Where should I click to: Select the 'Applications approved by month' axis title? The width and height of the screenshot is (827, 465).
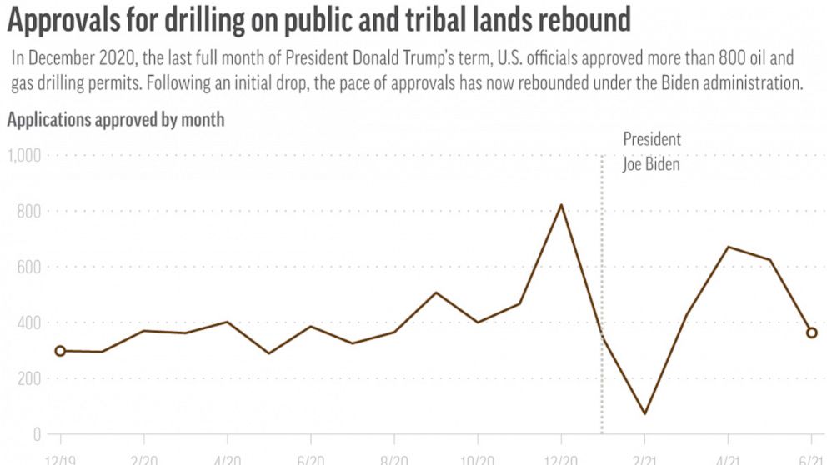tap(116, 119)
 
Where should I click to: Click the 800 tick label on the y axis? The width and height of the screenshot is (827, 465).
tap(28, 212)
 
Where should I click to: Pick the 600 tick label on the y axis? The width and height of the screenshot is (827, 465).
tap(28, 267)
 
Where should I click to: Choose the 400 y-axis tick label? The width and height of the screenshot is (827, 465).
tap(28, 323)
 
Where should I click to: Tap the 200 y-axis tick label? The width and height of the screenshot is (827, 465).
tap(28, 379)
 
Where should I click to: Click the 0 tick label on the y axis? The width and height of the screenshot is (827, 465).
tap(36, 434)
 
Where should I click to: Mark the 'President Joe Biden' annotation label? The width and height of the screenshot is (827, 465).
tap(651, 152)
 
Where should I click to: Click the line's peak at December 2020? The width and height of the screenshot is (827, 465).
tap(561, 205)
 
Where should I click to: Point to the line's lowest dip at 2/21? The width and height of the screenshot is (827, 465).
tap(644, 413)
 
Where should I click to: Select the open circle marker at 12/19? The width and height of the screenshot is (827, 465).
tap(60, 351)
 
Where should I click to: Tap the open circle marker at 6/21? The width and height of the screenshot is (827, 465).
tap(812, 332)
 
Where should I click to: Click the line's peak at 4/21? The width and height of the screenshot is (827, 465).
tap(728, 247)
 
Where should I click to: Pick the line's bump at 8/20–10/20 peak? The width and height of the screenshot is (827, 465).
tap(436, 292)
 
